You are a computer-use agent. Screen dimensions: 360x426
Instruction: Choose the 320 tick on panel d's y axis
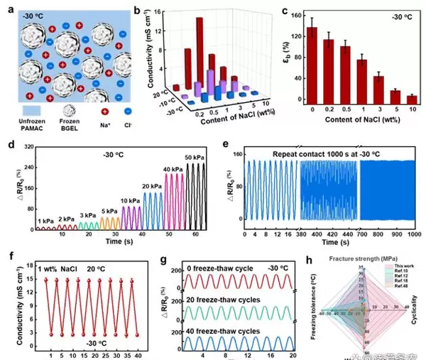(31, 147)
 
